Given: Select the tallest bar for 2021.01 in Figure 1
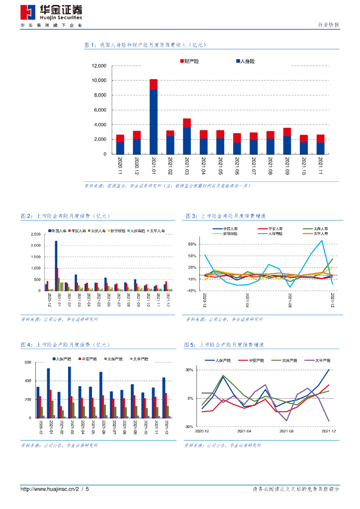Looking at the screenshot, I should [x=154, y=117].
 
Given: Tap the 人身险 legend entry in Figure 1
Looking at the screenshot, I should [x=245, y=61].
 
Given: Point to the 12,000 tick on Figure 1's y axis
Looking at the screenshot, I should [x=99, y=66].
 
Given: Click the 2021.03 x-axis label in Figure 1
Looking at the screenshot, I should [x=187, y=165].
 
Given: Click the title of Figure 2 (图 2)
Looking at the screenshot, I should [x=65, y=216].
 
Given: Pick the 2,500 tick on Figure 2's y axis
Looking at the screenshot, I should [x=35, y=234].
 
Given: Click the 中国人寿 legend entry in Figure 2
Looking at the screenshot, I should [x=58, y=231].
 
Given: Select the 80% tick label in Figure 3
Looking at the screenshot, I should [x=193, y=245].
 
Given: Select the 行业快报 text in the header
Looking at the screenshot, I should [x=328, y=25].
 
